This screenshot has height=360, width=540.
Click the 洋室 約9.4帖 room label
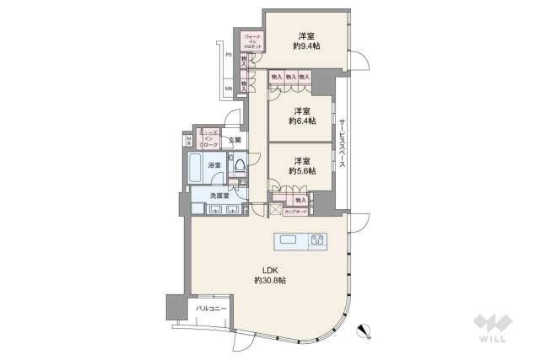click(305, 40)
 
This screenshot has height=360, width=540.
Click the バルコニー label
click(211, 309)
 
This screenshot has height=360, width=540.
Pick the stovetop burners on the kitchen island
click(317, 241)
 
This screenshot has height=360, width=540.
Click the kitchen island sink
click(289, 241)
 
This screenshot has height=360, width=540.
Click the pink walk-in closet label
click(252, 41)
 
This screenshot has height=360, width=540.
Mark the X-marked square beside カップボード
click(275, 209)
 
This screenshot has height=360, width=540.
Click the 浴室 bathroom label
click(215, 165)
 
